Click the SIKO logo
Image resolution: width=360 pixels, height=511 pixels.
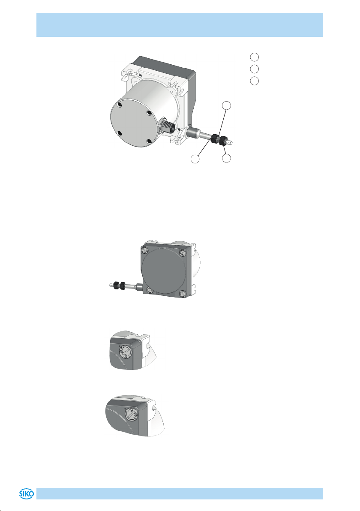(x=27, y=494)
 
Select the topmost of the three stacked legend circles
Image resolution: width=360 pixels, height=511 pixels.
(x=255, y=57)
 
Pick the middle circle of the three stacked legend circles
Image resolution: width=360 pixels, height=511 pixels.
(x=255, y=69)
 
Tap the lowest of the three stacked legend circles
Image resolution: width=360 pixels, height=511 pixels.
(x=255, y=81)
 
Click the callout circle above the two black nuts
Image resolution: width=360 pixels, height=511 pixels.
(x=226, y=105)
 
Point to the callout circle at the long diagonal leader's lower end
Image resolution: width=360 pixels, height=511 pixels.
(x=195, y=159)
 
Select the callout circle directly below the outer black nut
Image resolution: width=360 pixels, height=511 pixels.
(x=226, y=159)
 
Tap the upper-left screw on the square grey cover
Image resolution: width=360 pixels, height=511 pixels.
(x=145, y=250)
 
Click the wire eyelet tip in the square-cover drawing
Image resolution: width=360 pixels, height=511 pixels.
(x=111, y=285)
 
